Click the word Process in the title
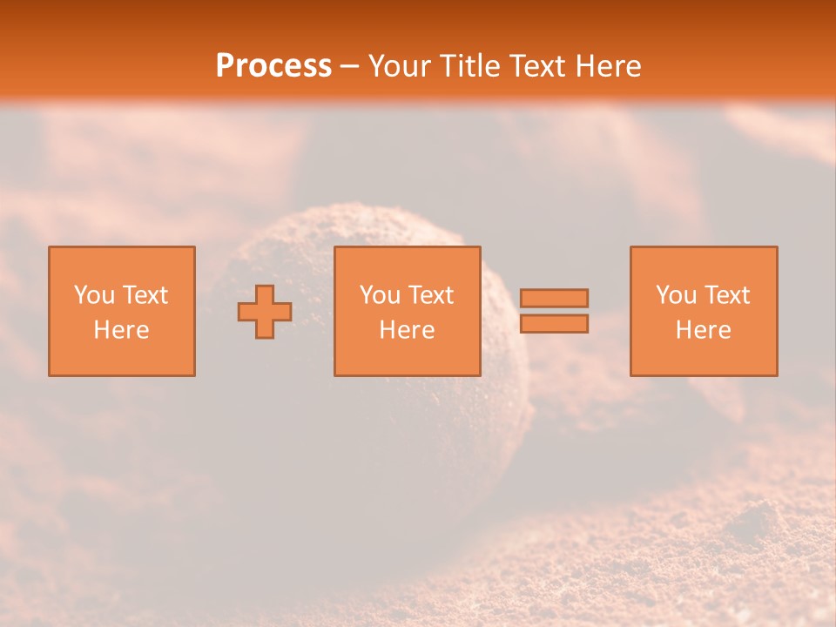tap(273, 66)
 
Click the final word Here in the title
tap(609, 66)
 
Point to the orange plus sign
tap(265, 312)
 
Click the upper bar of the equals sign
tap(554, 298)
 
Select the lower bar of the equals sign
tap(554, 323)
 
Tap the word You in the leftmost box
tap(94, 295)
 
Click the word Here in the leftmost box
tap(122, 330)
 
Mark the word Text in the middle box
tap(431, 295)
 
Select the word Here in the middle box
tap(408, 330)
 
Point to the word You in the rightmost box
tap(676, 295)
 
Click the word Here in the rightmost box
tap(704, 330)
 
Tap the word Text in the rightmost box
tap(727, 295)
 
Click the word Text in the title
tap(538, 66)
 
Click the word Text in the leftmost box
tap(145, 295)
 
